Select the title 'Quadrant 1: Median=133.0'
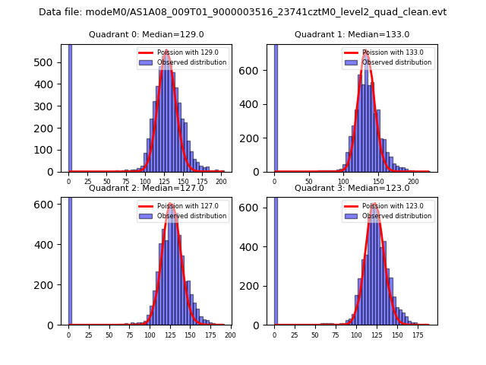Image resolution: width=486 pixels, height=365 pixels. pos(352,34)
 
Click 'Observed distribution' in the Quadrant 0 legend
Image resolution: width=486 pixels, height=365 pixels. pos(191,62)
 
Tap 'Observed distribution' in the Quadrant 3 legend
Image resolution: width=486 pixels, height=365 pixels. pos(397,216)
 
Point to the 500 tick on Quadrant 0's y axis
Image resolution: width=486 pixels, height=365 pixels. pos(50,63)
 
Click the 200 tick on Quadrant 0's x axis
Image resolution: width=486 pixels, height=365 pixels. pos(221,182)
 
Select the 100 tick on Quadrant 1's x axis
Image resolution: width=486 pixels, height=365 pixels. pos(344,182)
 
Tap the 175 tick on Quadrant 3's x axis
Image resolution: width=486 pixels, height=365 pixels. pos(418,335)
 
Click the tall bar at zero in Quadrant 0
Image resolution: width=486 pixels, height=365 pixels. pos(70,106)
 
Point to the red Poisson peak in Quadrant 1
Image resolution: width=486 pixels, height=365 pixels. pos(367,52)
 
